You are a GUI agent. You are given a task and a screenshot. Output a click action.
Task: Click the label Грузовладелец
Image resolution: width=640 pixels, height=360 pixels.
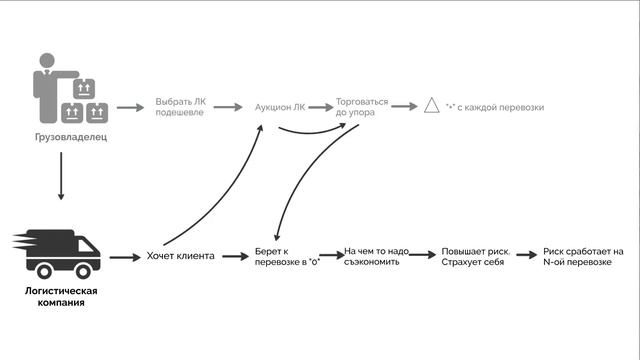tap(71, 137)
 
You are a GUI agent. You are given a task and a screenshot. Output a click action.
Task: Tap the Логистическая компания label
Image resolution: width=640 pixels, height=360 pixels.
tap(61, 297)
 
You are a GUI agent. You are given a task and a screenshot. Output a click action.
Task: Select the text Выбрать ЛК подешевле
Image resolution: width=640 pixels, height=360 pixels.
tap(180, 107)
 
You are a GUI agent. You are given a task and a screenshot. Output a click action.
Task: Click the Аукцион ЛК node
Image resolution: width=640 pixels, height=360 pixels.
tap(280, 107)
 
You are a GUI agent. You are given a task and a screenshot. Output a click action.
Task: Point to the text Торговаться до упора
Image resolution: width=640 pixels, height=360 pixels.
tap(362, 107)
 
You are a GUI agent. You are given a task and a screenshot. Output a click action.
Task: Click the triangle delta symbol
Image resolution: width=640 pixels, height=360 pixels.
tap(431, 105)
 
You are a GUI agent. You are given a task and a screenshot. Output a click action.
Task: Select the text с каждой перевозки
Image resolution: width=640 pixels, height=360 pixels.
tap(500, 107)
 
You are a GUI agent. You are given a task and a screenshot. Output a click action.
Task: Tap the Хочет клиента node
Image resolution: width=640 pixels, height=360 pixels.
tap(180, 256)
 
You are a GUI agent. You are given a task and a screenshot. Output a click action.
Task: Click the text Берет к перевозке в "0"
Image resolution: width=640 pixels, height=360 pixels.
tap(287, 257)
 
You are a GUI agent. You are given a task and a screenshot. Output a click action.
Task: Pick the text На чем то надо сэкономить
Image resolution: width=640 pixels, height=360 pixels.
tap(376, 256)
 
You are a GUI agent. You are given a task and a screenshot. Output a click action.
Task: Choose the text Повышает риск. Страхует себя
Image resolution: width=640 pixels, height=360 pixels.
tap(476, 257)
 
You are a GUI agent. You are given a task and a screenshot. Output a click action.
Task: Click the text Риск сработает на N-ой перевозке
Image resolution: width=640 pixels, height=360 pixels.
tap(583, 257)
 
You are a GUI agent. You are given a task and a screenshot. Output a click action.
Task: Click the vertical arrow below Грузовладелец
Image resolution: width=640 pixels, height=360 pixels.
tap(61, 176)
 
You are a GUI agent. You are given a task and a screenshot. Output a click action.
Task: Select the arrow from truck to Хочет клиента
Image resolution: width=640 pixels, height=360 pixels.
tap(125, 258)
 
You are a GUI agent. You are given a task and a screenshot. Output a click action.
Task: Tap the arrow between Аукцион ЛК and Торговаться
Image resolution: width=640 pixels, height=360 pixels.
tap(321, 107)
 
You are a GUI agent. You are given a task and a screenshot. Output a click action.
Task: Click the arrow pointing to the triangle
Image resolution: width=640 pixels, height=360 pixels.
tap(404, 107)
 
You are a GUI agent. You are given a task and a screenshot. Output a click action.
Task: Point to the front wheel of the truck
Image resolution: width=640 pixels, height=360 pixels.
tap(83, 271)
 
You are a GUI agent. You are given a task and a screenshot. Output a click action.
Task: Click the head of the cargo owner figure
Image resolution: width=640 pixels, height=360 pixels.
tap(47, 60)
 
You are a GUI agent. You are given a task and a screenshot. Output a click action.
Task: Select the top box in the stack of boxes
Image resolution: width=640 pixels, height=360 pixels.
tap(84, 89)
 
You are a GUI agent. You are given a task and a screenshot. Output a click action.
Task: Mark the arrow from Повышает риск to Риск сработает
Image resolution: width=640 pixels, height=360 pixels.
tap(527, 255)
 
